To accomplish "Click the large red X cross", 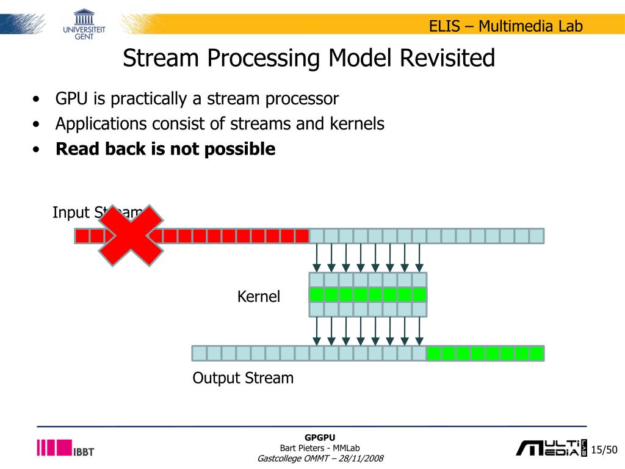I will click(131, 236).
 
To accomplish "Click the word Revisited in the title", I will click(447, 59).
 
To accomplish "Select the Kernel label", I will click(259, 297).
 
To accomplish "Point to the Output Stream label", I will click(243, 378).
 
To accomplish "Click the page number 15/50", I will click(605, 450).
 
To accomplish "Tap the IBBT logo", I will click(65, 448).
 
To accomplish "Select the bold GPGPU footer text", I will click(320, 437).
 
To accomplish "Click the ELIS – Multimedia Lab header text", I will click(505, 26).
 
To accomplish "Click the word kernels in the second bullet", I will click(357, 124).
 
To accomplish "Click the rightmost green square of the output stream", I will click(536, 353).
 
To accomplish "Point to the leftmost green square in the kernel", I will click(317, 295).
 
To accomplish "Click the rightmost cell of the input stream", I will click(536, 236).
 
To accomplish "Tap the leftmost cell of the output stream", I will click(200, 353).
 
